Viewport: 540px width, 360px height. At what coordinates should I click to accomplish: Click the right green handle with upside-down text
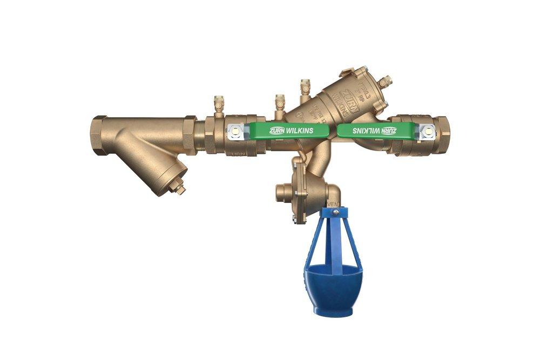pos(378,130)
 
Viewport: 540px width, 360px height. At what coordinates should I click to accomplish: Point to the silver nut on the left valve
pos(235,130)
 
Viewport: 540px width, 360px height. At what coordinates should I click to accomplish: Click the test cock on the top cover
pos(384,82)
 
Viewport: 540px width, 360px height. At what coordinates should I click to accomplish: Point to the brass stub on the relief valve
pos(282,192)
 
